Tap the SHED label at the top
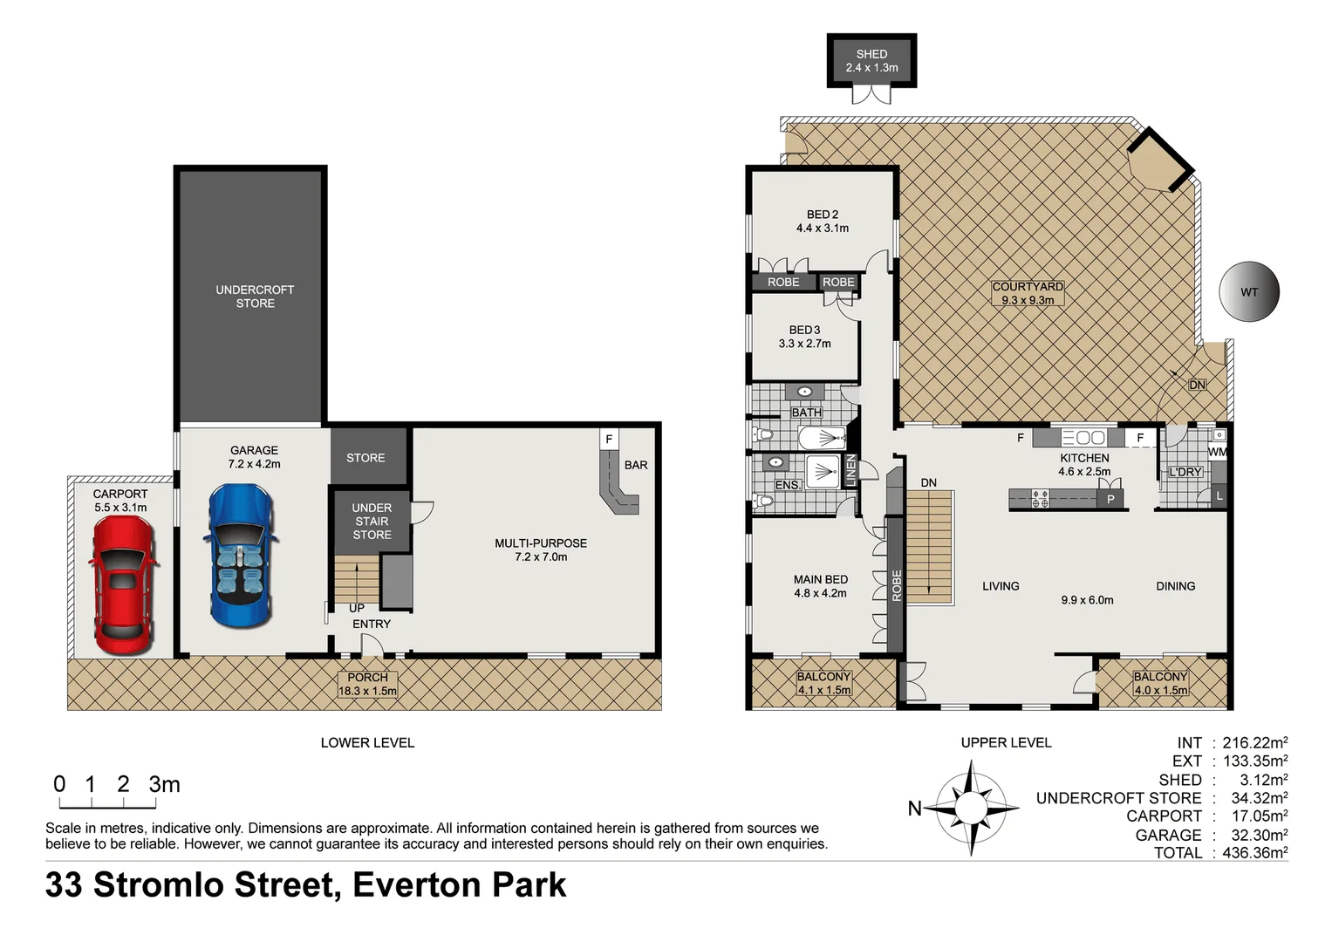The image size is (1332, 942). point(871,54)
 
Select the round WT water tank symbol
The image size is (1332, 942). point(1248,292)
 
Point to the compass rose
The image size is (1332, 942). point(970,808)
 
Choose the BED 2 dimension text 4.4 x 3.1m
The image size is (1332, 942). point(822,229)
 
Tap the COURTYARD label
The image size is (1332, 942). point(1027,286)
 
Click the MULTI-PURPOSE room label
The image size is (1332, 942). point(541,543)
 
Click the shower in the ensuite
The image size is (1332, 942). point(821,473)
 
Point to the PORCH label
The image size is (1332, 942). point(367,677)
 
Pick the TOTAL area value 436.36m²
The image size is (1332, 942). point(1254,853)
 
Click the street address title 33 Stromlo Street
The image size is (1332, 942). point(305,884)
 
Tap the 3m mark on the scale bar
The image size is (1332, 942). point(164,784)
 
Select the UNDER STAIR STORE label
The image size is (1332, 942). point(372,522)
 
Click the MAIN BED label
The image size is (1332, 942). point(820,579)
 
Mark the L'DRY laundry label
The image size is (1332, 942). point(1185,472)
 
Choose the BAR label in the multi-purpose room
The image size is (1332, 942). point(636,465)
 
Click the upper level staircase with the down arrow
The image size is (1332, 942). point(929,546)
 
